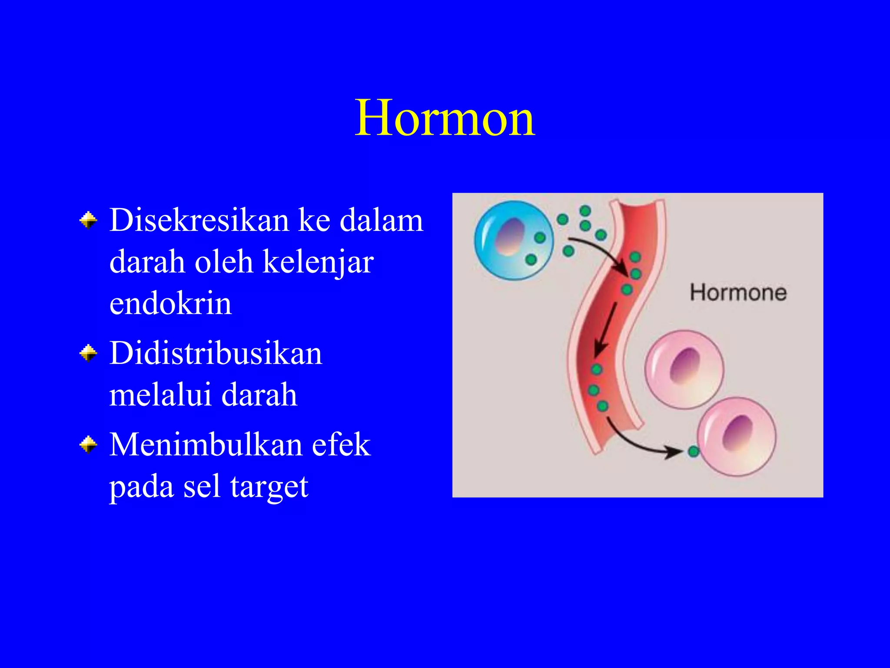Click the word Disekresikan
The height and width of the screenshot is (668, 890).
[x=199, y=220]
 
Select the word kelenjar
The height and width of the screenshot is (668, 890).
[x=318, y=262]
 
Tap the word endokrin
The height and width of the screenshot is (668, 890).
[x=170, y=304]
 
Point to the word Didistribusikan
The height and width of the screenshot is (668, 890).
[x=216, y=353]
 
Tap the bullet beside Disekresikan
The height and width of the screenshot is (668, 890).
[x=89, y=220]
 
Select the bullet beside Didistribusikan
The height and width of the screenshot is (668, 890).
[x=89, y=353]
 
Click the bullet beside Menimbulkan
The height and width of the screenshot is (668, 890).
[x=89, y=444]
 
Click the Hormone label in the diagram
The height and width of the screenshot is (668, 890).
[x=738, y=293]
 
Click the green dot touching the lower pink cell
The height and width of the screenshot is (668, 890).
[x=693, y=451]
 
